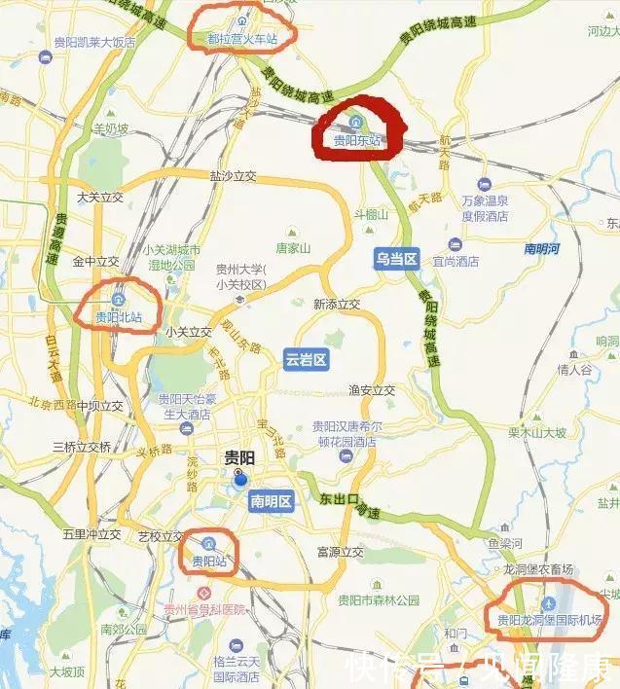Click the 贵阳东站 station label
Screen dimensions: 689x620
click(356, 140)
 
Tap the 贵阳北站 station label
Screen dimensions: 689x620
click(119, 317)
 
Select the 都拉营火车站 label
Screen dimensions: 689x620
click(241, 39)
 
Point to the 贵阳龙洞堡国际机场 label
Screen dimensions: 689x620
click(549, 620)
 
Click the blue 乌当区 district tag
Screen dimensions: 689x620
click(396, 259)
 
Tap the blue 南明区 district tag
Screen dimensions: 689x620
click(272, 501)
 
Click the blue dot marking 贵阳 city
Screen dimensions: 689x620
click(239, 478)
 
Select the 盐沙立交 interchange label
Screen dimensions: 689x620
click(233, 176)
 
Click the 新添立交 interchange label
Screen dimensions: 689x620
click(337, 305)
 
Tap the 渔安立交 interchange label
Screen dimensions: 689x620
click(372, 390)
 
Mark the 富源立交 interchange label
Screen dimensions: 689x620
click(340, 553)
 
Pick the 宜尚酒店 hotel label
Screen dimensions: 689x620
click(456, 261)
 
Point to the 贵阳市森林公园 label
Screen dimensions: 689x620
click(378, 600)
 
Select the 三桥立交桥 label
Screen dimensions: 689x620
click(82, 448)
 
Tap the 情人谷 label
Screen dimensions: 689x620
click(574, 370)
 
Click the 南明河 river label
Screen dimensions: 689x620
click(541, 249)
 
